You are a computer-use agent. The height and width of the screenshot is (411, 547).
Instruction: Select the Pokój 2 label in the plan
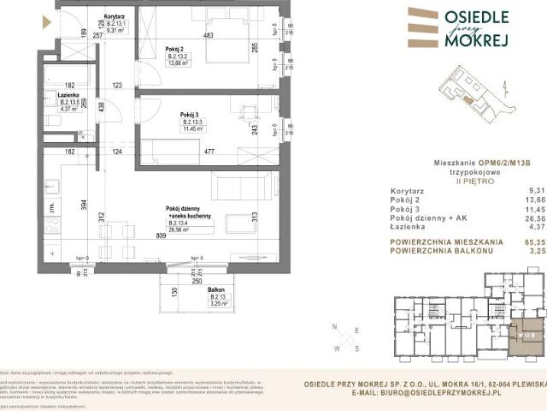tap(174, 48)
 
